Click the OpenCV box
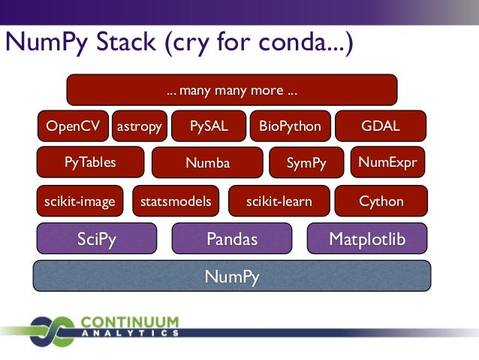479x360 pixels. (73, 126)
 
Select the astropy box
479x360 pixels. (140, 126)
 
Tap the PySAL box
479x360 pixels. (209, 126)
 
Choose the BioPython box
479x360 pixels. (290, 126)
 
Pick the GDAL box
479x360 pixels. (381, 126)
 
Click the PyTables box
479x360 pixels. (90, 162)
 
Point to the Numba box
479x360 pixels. (208, 162)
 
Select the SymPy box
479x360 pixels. (306, 162)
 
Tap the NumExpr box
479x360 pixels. (387, 162)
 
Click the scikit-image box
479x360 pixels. (80, 201)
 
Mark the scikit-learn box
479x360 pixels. (279, 201)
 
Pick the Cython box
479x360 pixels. (381, 201)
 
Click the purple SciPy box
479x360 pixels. (97, 239)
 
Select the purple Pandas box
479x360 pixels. (232, 239)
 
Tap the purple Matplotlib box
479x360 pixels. (367, 239)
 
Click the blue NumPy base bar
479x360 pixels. (232, 276)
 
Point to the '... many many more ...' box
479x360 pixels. (232, 92)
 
